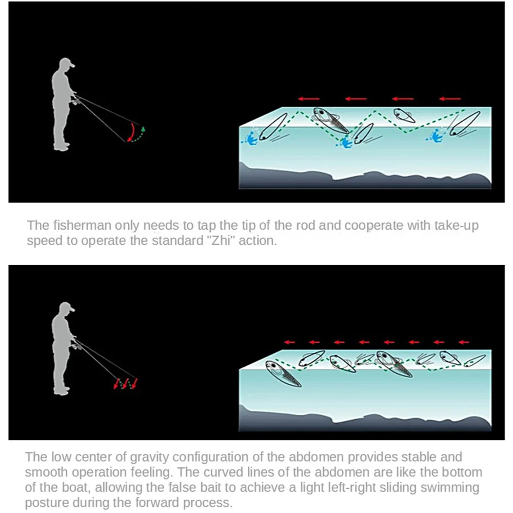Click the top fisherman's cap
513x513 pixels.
tap(67, 63)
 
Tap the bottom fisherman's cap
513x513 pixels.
tap(67, 307)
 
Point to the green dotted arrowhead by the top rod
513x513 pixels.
tap(143, 129)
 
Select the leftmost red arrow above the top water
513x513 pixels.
tap(308, 98)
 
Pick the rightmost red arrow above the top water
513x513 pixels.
tap(450, 98)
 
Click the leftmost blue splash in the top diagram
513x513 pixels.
tap(250, 139)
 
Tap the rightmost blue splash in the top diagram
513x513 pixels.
tap(435, 136)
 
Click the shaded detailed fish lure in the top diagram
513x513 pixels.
tap(330, 121)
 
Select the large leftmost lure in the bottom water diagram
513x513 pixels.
tap(283, 373)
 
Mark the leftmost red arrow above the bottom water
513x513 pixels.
tap(289, 342)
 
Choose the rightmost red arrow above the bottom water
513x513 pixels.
tap(464, 342)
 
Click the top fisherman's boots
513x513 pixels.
tap(62, 147)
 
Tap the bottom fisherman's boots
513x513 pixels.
tap(62, 390)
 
